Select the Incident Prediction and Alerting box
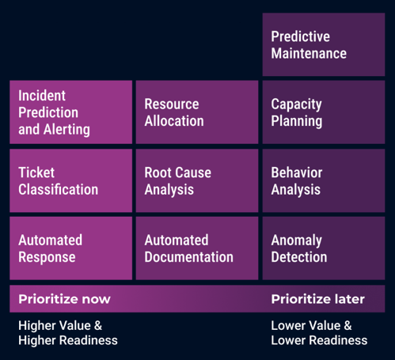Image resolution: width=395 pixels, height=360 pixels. [x=70, y=112]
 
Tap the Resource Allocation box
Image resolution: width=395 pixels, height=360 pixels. [x=197, y=112]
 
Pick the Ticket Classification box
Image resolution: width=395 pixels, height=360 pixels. [x=70, y=180]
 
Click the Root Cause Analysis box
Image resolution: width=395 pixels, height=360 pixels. [x=197, y=180]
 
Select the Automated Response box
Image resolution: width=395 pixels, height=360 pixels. [x=70, y=248]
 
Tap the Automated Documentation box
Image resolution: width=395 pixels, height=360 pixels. [x=197, y=248]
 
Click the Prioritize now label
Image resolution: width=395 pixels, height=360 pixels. [x=64, y=299]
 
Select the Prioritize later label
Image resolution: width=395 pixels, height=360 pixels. [x=317, y=299]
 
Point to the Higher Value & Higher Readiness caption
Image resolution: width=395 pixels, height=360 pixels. [x=67, y=332]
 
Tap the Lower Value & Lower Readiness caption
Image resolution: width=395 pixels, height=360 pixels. [x=319, y=332]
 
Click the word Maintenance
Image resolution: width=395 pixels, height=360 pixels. [x=309, y=54]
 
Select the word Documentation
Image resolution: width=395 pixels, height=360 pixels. [x=188, y=257]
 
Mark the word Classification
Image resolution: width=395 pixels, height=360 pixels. [x=58, y=190]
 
